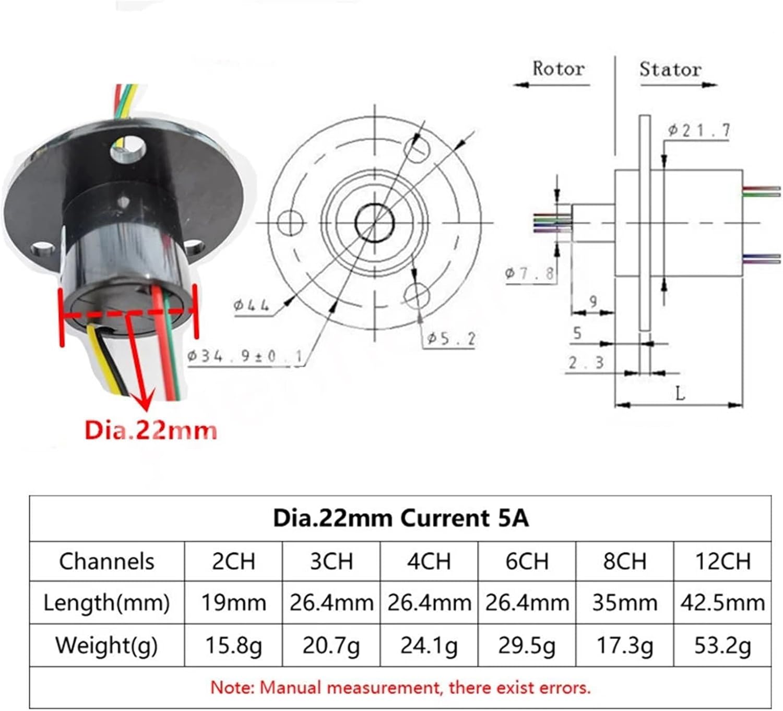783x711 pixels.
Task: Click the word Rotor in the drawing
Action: coord(558,68)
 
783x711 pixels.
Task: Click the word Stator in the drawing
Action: coord(670,69)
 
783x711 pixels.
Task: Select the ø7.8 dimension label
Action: coord(529,273)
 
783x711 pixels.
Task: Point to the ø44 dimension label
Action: coord(251,305)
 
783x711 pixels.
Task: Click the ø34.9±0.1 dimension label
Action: coord(245,356)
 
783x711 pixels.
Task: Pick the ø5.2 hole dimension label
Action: coord(452,339)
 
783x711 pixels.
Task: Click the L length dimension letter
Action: coord(680,393)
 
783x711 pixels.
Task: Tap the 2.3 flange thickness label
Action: coord(586,363)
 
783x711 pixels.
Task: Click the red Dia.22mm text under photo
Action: coord(150,431)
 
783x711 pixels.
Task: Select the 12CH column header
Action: coord(722,561)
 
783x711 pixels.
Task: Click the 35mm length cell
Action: coord(624,603)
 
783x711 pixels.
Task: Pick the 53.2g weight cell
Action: coord(722,646)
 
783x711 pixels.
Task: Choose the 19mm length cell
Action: coord(233,603)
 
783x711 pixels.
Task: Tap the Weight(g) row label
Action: coord(106,645)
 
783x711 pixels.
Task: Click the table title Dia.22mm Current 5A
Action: coord(400,519)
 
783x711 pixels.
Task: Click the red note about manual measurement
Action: coord(400,688)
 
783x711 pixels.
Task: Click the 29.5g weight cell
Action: coord(527,646)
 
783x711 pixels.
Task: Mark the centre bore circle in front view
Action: coord(374,223)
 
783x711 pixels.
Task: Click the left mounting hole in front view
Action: coord(290,223)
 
